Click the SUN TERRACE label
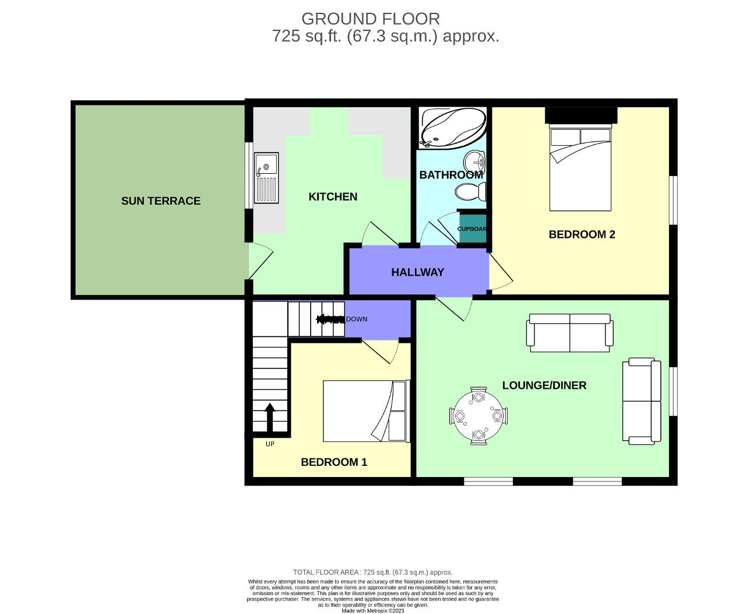click(161, 201)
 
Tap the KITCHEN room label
click(333, 197)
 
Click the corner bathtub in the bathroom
click(452, 128)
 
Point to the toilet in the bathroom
click(470, 191)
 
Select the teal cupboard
click(471, 226)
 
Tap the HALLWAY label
click(417, 272)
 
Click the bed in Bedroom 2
click(580, 169)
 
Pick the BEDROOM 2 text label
click(582, 234)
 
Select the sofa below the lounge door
click(569, 333)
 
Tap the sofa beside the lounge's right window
click(642, 401)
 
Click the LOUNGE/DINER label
click(544, 385)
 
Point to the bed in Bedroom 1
click(366, 411)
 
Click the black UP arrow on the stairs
click(270, 417)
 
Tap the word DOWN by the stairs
click(357, 319)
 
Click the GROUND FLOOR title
click(370, 19)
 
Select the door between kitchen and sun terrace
click(259, 261)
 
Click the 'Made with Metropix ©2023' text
click(372, 611)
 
